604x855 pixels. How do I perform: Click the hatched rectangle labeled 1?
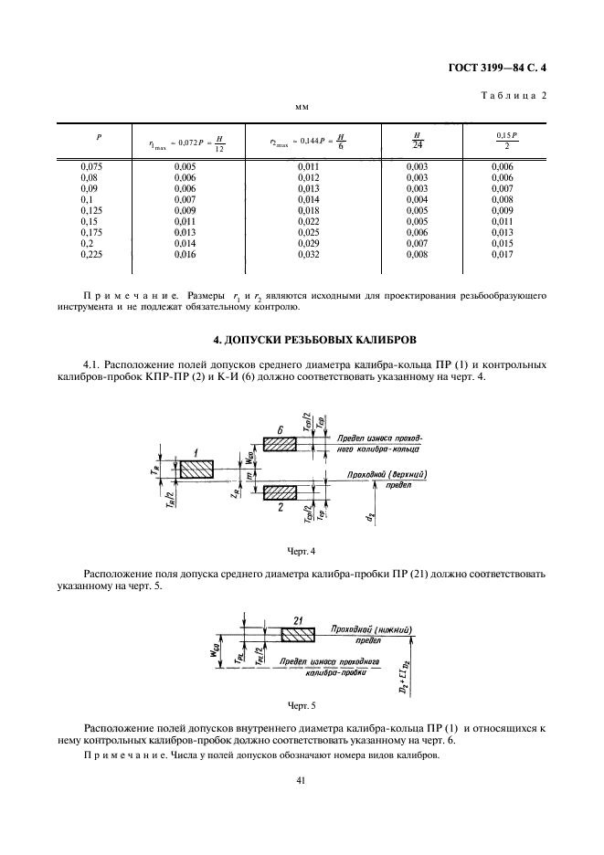(196, 469)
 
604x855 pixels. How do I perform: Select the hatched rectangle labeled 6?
(281, 443)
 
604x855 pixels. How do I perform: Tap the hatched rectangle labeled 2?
(281, 492)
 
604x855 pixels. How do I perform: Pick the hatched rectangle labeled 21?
(298, 633)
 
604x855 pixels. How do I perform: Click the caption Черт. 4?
(302, 553)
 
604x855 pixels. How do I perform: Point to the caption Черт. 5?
(302, 706)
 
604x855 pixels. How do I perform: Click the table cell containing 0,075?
(92, 165)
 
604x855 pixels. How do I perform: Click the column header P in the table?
(99, 137)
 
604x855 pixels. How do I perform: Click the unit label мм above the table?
(302, 108)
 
